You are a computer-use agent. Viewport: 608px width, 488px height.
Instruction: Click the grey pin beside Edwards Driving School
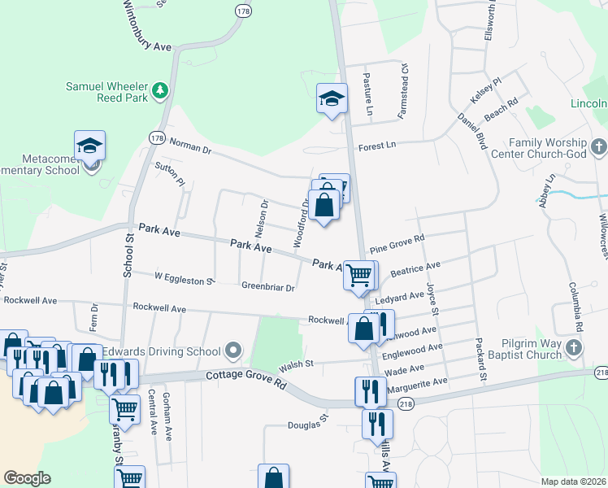(x=234, y=351)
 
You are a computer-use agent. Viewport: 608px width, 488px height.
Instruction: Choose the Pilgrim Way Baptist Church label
(x=517, y=349)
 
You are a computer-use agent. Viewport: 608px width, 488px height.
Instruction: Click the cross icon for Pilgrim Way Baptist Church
(x=574, y=349)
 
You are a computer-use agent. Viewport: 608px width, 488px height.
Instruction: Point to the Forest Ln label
(x=377, y=145)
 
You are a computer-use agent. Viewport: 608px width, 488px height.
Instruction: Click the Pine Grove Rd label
(x=397, y=243)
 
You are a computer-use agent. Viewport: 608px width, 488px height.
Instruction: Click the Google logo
(x=27, y=477)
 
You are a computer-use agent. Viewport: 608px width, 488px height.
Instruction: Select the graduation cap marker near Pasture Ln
(x=332, y=98)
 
